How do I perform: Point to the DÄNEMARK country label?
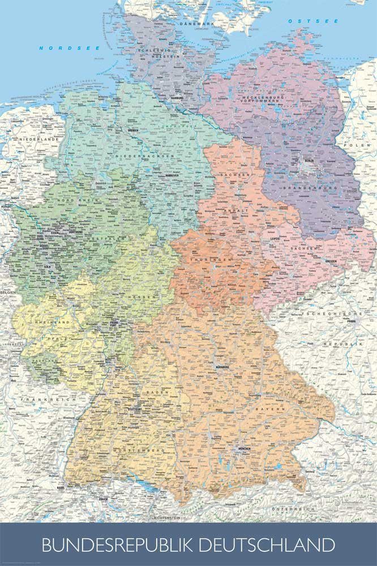coord(195,24)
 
